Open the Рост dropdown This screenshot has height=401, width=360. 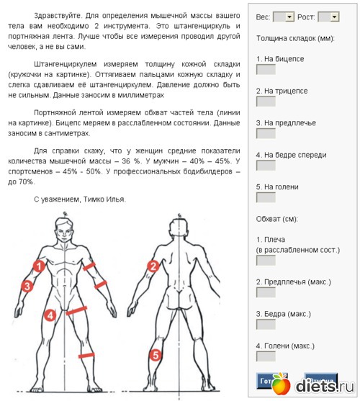pyautogui.click(x=328, y=16)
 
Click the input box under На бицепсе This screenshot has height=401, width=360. pyautogui.click(x=266, y=70)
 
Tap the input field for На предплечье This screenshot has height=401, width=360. pyautogui.click(x=266, y=133)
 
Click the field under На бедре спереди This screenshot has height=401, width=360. pyautogui.click(x=266, y=165)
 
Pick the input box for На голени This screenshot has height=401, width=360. pyautogui.click(x=266, y=197)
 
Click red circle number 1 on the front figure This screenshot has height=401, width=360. pyautogui.click(x=40, y=266)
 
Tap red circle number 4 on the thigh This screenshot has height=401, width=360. pyautogui.click(x=50, y=314)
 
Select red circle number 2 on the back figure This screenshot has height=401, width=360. pyautogui.click(x=153, y=266)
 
